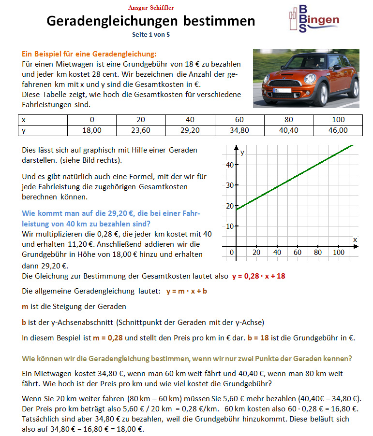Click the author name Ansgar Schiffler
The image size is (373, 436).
pos(152,8)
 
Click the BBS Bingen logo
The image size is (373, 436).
pos(312,19)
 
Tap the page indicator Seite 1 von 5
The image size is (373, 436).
pos(151,35)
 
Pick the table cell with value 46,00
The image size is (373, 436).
pos(338,130)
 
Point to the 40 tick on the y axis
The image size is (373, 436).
pos(230,165)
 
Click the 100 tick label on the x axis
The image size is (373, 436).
pos(339,252)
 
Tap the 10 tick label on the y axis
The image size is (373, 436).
pos(230,226)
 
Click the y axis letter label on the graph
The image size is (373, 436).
pos(242,152)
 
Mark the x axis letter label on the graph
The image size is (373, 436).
pos(355,239)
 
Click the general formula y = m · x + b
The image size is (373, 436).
pos(186,291)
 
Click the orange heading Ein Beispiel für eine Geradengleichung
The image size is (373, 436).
pos(90,54)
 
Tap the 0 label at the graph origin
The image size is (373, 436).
pos(232,252)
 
